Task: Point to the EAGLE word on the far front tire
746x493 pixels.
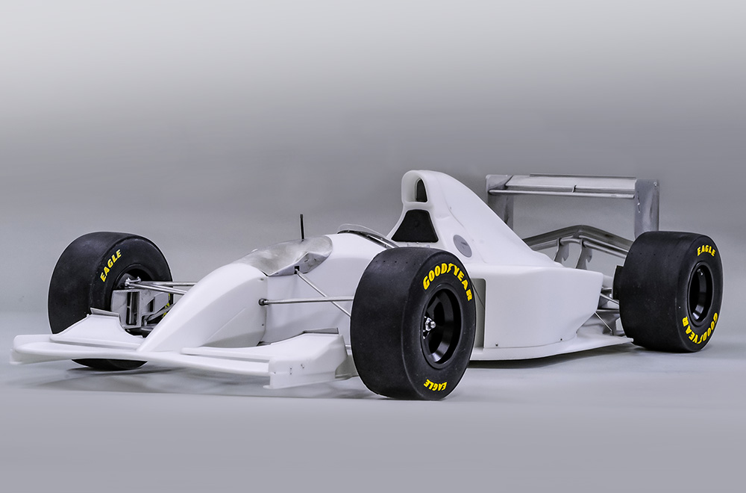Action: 111,266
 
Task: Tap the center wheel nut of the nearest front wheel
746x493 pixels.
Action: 429,323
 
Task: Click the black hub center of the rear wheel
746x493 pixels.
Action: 699,294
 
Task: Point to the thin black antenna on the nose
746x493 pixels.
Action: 302,226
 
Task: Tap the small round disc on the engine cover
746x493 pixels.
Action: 463,245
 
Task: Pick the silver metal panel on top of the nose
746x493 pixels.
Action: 287,255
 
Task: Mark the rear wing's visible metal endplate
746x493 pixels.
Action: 646,206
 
